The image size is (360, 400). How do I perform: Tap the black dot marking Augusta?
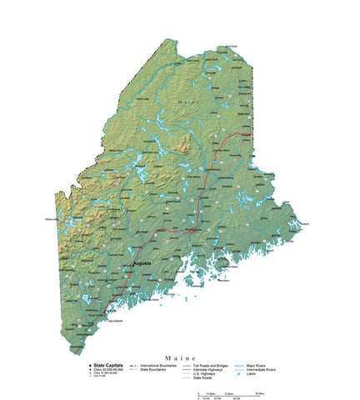coord(134,266)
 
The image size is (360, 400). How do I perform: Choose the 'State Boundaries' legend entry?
coord(155,369)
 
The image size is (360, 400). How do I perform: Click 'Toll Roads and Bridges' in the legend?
coord(212,365)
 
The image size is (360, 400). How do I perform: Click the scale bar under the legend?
coord(225,393)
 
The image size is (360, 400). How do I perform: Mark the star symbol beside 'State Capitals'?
coord(90,365)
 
